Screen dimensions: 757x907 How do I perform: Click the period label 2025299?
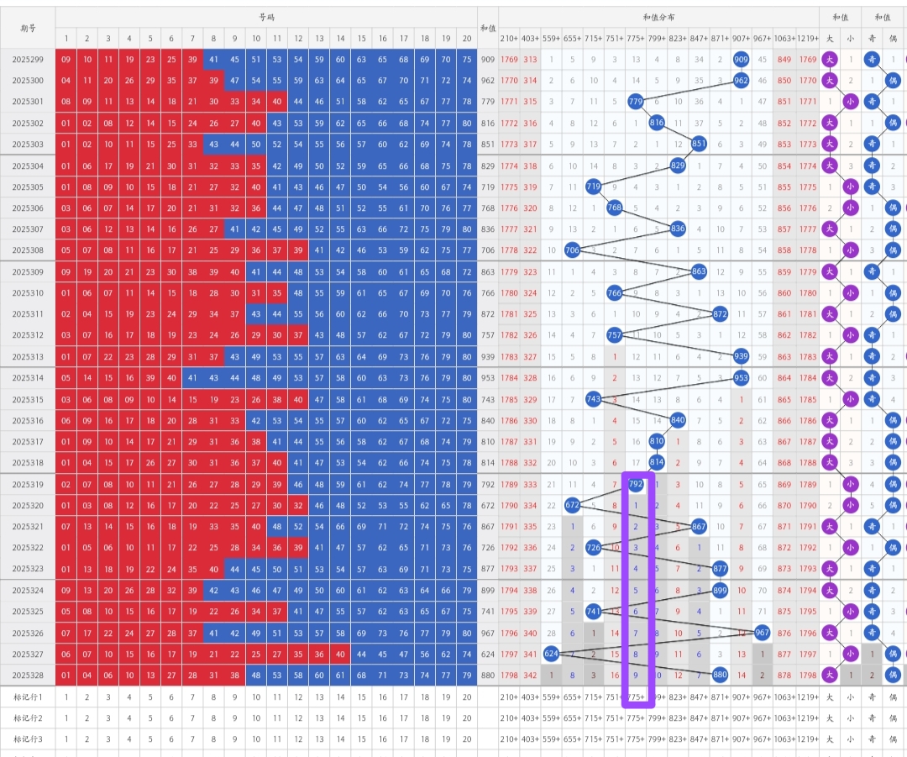(x=28, y=60)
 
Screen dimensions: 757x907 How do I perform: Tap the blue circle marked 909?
(x=741, y=60)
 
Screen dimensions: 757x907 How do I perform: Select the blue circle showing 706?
(x=572, y=250)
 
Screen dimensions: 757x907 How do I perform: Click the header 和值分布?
(x=658, y=18)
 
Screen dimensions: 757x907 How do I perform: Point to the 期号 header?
(x=28, y=28)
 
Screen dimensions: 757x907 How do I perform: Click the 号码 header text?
(x=266, y=18)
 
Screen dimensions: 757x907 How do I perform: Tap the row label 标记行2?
(x=28, y=718)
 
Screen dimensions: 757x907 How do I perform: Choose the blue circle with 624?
(x=552, y=653)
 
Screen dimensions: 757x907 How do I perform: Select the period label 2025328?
(x=28, y=674)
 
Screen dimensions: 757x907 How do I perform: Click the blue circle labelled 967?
(x=762, y=632)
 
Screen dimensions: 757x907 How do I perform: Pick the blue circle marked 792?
(x=636, y=484)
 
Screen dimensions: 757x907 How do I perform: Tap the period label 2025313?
(x=28, y=356)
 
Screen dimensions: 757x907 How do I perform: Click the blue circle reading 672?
(x=572, y=505)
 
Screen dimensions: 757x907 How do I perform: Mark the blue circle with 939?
(x=741, y=356)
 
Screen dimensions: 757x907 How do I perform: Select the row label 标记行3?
(x=28, y=739)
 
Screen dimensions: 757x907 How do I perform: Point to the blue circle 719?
(x=594, y=187)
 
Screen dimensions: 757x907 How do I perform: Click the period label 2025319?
(x=28, y=484)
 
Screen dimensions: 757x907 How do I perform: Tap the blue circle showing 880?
(x=720, y=674)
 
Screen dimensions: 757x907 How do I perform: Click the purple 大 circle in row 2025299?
(x=830, y=60)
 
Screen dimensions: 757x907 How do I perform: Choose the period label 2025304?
(x=28, y=166)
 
